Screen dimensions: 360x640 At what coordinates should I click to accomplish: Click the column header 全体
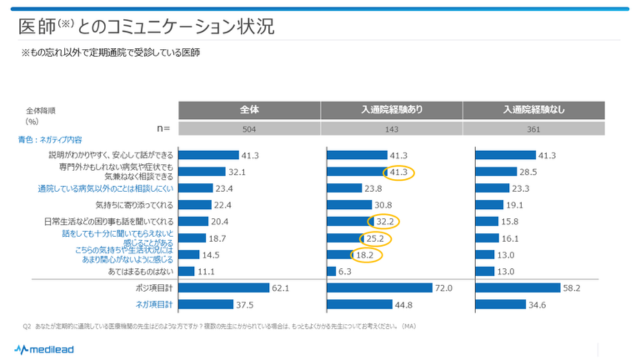[250, 109]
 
